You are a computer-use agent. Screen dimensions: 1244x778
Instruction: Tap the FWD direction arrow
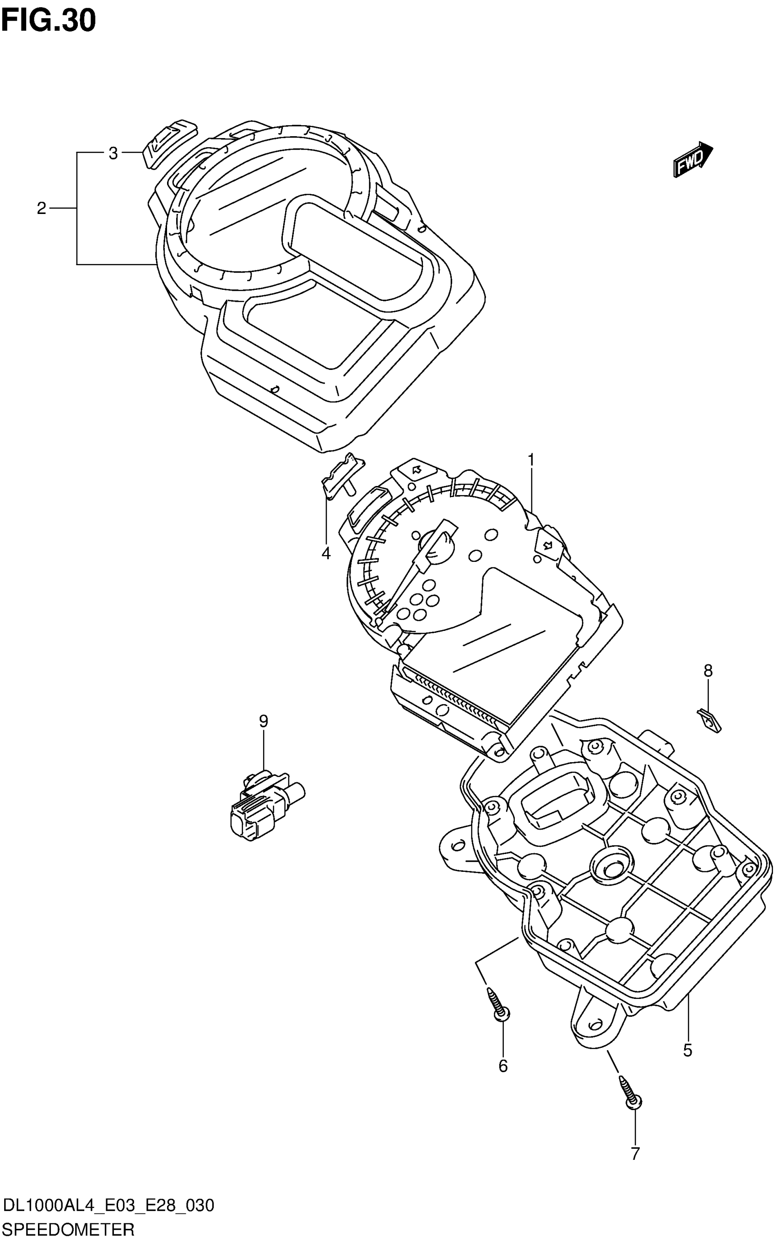(692, 160)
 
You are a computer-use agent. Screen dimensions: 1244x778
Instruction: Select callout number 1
(531, 459)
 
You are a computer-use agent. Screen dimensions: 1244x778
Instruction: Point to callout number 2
(42, 208)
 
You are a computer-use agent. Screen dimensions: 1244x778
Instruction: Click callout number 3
(113, 153)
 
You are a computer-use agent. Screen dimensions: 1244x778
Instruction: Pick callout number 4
(326, 554)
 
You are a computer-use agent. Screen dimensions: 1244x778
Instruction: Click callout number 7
(635, 1154)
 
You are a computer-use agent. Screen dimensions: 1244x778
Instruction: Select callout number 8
(708, 670)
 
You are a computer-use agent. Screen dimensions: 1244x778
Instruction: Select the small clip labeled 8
(709, 720)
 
